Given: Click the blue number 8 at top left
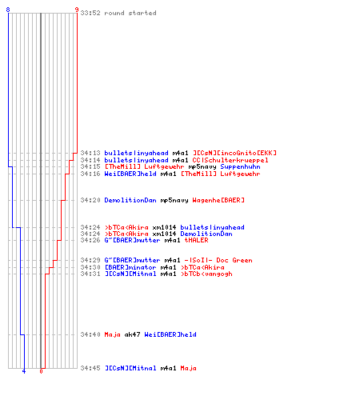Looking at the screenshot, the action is [8, 10].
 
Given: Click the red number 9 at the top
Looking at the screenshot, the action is [77, 10].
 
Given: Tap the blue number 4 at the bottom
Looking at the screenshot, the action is [24, 371].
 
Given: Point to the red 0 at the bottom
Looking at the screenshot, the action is [41, 371].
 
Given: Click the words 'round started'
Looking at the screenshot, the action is [130, 13].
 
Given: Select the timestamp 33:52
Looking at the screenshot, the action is [90, 13].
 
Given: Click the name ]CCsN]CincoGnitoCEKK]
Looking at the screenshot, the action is [234, 153].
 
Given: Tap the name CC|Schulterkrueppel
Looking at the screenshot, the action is [230, 160].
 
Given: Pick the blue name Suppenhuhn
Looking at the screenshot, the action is [240, 167].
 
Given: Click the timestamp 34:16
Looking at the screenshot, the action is [90, 174].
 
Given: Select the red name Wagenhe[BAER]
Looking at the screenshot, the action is [218, 200].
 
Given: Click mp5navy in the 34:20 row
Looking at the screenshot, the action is [174, 201].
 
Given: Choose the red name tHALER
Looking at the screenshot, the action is [196, 240].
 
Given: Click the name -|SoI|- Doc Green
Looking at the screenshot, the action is [218, 260].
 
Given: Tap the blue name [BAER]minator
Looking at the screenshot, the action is [130, 267].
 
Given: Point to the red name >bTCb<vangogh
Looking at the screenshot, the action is [206, 274].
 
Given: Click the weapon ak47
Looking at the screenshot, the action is [132, 334].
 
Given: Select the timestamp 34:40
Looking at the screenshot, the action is [90, 334].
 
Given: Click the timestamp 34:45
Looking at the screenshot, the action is [90, 368].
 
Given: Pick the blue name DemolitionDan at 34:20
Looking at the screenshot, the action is [130, 200].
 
